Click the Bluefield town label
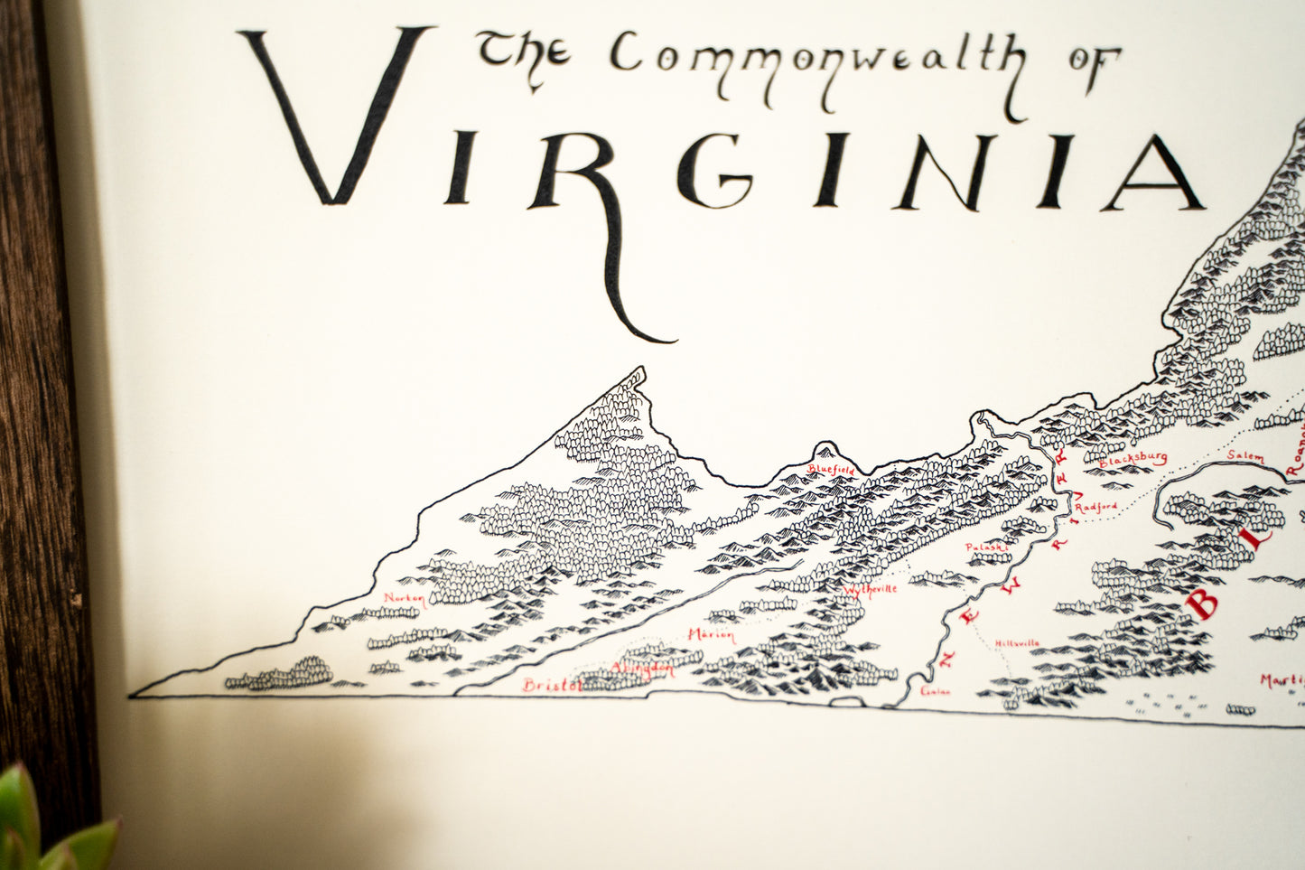click(x=831, y=470)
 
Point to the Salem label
click(x=1247, y=458)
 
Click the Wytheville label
click(x=871, y=591)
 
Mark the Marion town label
click(x=711, y=635)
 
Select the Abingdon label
click(x=642, y=669)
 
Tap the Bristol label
click(x=552, y=686)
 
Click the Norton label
click(x=404, y=598)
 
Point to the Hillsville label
click(x=1017, y=643)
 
